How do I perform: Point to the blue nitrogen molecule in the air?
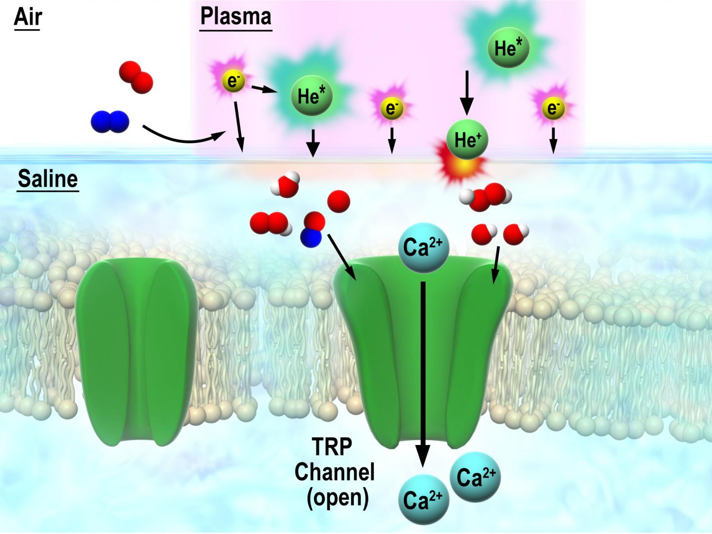110,122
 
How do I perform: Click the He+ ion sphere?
467,140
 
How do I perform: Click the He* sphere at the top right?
508,48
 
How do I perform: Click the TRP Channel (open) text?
335,472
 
